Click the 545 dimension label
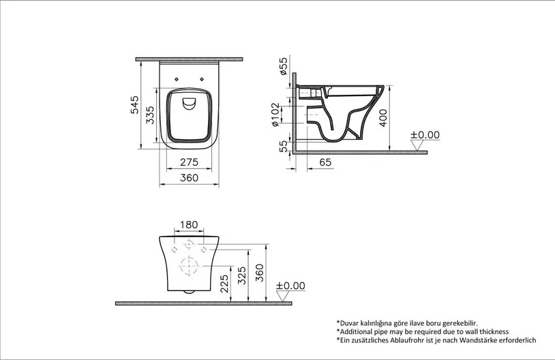[135, 105]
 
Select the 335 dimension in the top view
[151, 115]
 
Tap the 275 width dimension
[189, 162]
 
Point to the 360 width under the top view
[189, 178]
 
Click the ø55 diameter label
[284, 66]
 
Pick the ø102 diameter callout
[275, 115]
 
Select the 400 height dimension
[383, 118]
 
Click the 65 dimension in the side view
[325, 162]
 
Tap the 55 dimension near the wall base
[284, 147]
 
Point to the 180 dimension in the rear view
[189, 225]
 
